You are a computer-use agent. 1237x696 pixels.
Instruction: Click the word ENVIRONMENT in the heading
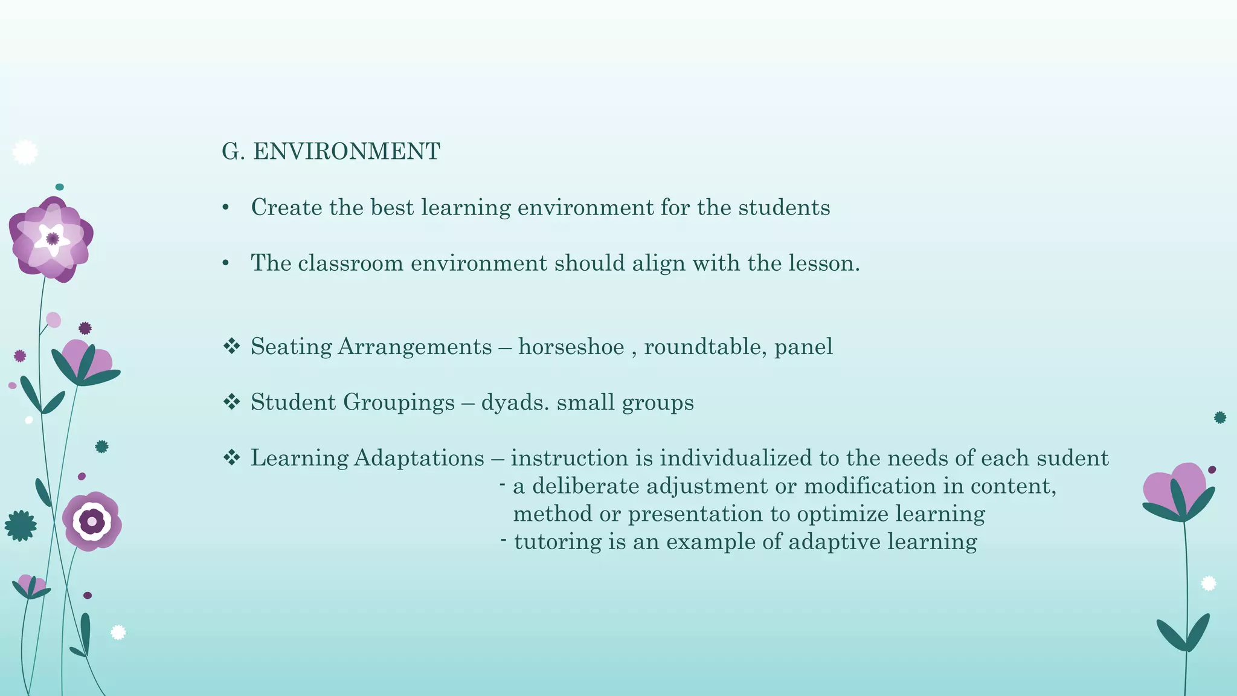[347, 152]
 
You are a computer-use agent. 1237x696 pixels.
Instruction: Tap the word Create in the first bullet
[286, 208]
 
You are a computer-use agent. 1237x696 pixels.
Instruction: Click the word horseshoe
[571, 347]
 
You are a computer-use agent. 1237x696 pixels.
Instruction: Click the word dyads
[515, 402]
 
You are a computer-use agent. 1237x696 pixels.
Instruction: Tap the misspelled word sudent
[1073, 458]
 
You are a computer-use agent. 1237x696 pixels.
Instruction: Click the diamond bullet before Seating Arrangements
[231, 346]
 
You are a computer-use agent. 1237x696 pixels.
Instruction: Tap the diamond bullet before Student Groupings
[231, 402]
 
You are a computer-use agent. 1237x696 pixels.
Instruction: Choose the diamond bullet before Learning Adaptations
[231, 457]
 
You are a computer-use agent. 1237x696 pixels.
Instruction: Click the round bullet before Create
[226, 208]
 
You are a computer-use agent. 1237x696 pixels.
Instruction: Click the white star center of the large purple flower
[52, 239]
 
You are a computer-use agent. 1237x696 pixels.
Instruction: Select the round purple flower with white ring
[92, 521]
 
